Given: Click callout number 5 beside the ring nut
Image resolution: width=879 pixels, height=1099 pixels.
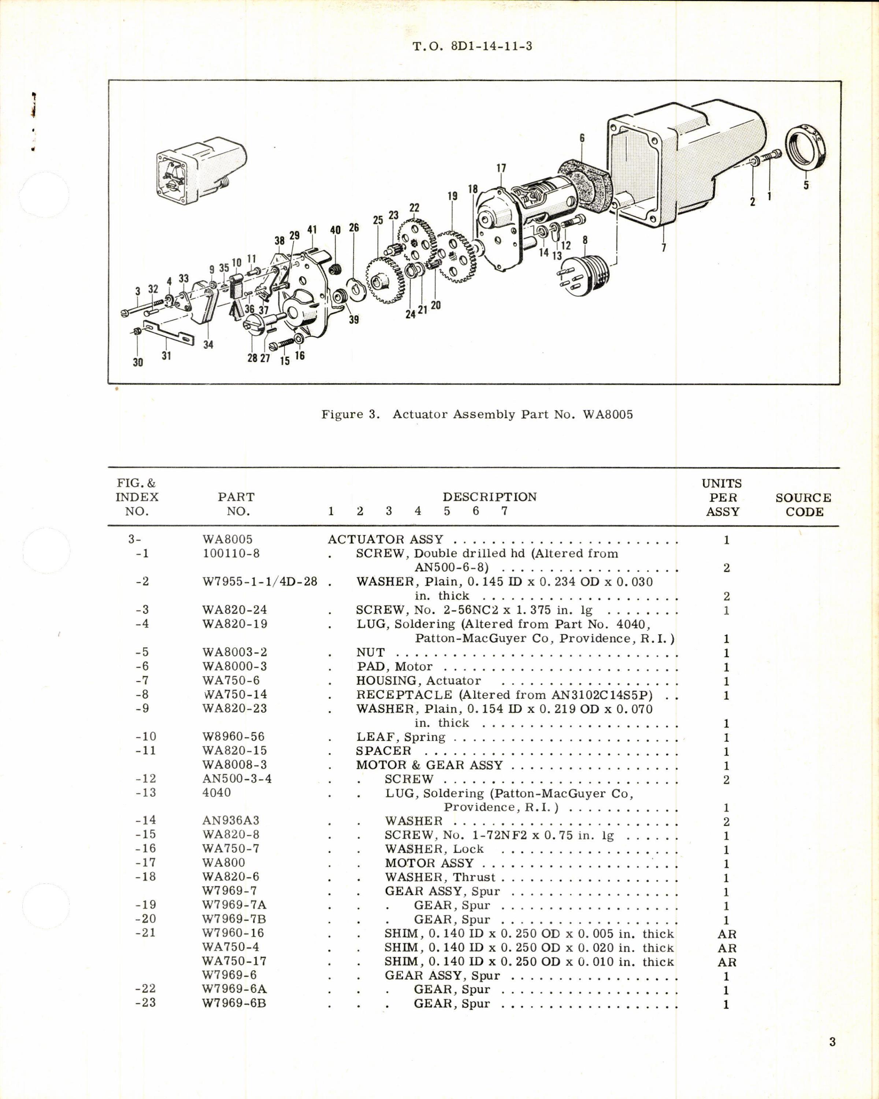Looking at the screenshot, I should (x=806, y=185).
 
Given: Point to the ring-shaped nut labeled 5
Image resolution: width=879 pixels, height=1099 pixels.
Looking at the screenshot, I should (x=806, y=152).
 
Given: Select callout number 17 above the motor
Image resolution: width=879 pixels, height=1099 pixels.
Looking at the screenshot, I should (x=501, y=168).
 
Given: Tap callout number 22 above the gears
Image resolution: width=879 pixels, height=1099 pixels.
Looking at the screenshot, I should (x=414, y=208).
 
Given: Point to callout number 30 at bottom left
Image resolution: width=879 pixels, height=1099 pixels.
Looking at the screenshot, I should (x=138, y=362).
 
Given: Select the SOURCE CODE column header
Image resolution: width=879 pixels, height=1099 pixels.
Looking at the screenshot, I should (x=803, y=505).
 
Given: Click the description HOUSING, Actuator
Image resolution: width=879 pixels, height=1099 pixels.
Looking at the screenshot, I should (x=418, y=681).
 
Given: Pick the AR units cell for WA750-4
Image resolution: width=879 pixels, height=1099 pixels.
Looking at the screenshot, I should (x=726, y=948).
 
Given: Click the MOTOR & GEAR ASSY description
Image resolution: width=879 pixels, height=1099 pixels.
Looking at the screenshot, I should (x=429, y=765).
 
